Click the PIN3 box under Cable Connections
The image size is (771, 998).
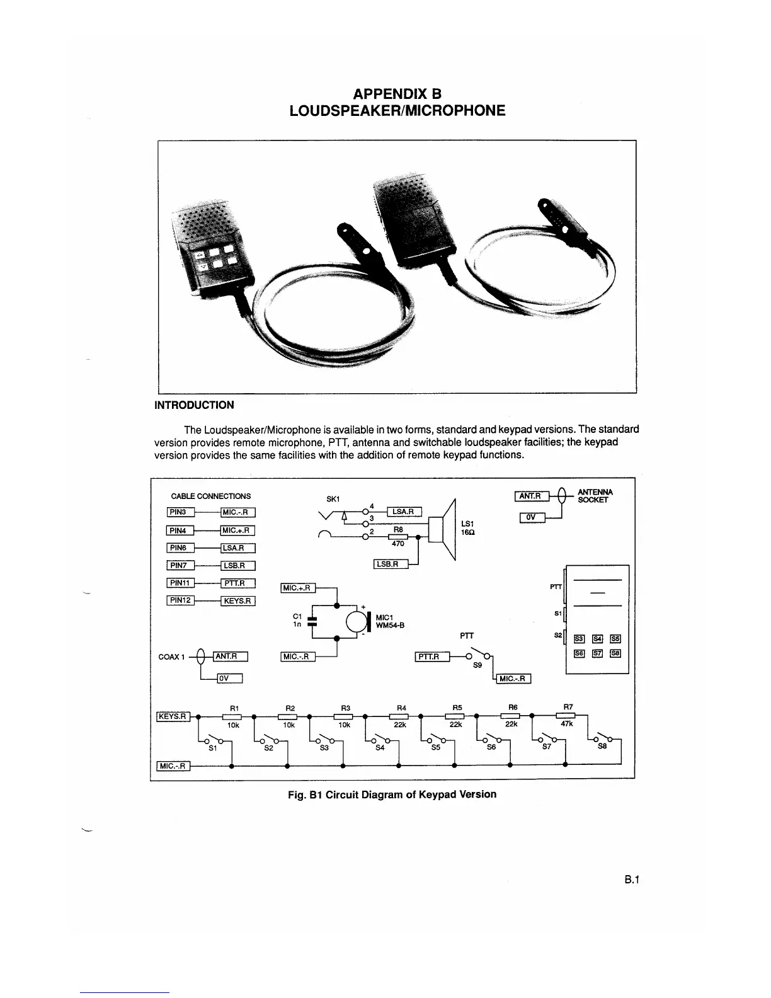pos(180,512)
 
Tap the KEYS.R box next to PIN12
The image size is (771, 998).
pos(237,600)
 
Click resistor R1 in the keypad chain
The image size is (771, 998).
pos(233,716)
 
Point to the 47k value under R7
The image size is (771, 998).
pos(567,724)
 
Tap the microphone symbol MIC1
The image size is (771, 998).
pos(358,622)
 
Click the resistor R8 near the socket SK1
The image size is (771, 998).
pos(398,537)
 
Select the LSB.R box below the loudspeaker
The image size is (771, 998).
pos(391,564)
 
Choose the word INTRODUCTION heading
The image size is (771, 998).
pos(194,405)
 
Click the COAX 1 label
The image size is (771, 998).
pos(171,657)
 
